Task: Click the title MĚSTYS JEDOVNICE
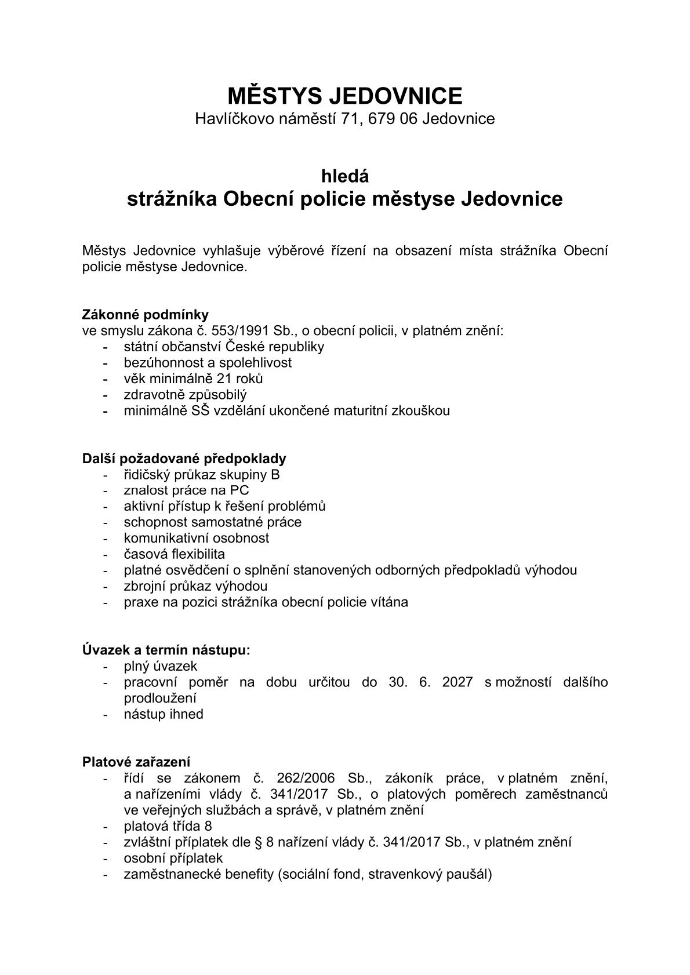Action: [344, 95]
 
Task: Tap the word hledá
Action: [345, 175]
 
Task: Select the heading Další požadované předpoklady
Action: [184, 459]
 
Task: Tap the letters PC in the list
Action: [239, 490]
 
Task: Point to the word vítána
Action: [388, 602]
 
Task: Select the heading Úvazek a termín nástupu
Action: [166, 650]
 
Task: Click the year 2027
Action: [457, 682]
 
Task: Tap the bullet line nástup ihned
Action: [164, 714]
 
